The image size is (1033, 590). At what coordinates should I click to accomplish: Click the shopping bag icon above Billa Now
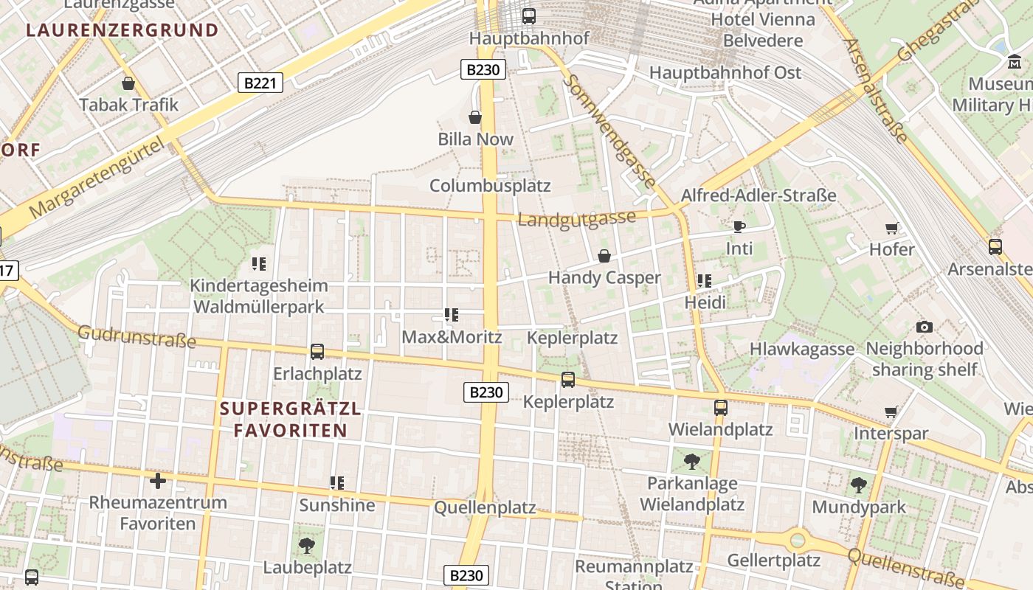coord(475,117)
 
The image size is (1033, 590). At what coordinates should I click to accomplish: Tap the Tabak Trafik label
coord(129,105)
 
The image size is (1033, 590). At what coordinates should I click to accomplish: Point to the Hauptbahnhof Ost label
coord(725,73)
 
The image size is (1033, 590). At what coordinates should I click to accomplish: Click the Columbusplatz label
coord(490,185)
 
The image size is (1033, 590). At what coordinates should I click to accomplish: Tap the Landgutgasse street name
coord(576,219)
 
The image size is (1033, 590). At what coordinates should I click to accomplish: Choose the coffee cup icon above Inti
coord(739,226)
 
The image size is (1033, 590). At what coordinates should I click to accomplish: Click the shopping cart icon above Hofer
coord(892,228)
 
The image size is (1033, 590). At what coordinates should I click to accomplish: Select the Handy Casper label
coord(604,278)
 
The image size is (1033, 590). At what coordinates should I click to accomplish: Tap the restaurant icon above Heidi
coord(705,281)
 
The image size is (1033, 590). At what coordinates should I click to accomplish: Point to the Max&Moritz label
coord(452,337)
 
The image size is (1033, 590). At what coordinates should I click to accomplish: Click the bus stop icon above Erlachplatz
coord(317,352)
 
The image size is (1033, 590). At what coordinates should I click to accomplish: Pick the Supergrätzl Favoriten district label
coord(291,420)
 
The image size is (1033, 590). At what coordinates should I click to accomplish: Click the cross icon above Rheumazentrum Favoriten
coord(158,482)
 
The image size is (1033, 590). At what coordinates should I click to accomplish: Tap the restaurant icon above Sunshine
coord(337,483)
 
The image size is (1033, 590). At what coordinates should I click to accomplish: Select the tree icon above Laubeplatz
coord(307,546)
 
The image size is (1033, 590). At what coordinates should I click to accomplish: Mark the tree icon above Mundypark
coord(858,485)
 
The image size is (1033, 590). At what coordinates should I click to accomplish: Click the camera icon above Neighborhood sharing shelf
coord(924,327)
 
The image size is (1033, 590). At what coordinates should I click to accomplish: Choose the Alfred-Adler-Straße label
coord(759,195)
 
